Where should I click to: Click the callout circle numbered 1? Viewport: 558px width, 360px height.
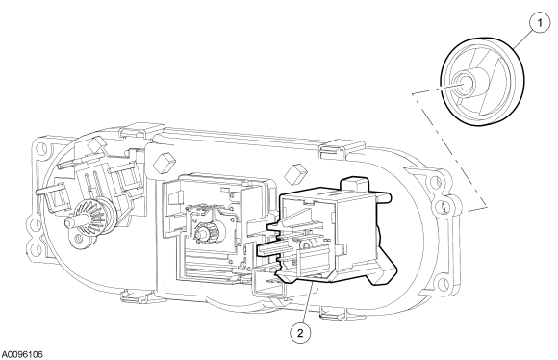540,23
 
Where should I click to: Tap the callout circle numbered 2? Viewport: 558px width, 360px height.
300,333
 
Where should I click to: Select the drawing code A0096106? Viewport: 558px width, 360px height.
22,354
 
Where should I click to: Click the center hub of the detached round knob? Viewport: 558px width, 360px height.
465,83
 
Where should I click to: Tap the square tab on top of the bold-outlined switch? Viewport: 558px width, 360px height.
354,185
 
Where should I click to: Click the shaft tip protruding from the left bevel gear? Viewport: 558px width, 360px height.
68,223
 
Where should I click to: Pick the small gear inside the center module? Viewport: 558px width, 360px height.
205,231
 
